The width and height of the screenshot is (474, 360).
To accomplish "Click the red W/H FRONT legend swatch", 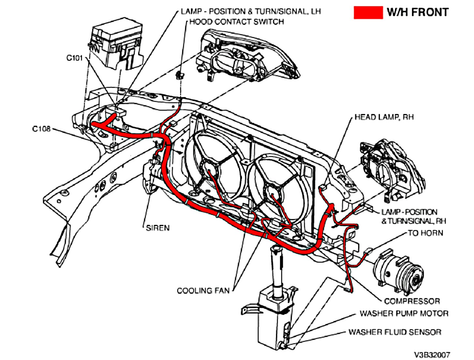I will [368, 13].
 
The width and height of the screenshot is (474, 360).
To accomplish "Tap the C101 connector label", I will [74, 58].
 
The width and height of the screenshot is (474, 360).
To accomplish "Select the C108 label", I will [41, 129].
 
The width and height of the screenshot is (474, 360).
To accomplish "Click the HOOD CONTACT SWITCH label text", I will [237, 22].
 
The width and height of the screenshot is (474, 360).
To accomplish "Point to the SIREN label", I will [157, 228].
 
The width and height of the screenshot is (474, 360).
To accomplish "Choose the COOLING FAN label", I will [203, 290].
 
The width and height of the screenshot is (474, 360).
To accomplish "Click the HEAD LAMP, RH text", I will [384, 117].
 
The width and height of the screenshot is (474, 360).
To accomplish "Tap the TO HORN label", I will [425, 233].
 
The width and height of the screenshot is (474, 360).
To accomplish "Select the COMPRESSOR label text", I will [412, 301].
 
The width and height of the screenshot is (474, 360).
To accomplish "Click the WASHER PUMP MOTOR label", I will [404, 313].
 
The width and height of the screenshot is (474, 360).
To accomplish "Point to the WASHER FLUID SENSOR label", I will [395, 332].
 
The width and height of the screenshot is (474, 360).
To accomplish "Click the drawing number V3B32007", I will [432, 354].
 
